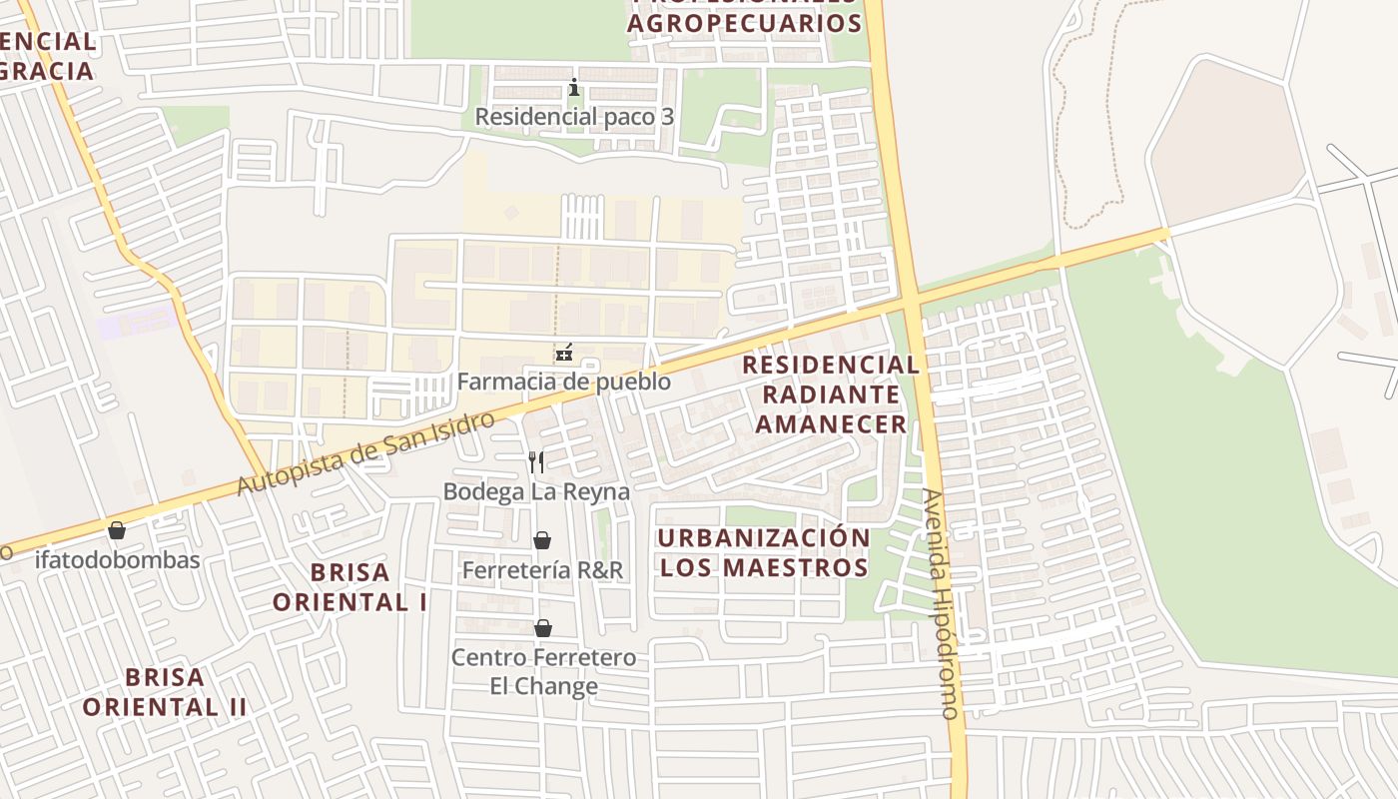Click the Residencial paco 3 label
pos(574,117)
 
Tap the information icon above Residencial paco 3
pos(574,88)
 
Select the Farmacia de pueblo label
pos(564,382)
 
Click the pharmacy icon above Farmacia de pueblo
pos(564,352)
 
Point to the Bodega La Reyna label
pos(536,491)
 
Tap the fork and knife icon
pos(536,461)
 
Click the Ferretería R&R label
pos(542,570)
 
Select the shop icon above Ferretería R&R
pos(542,540)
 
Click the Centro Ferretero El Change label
pos(543,671)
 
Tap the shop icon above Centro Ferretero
pos(543,628)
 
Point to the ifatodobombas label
pos(118,559)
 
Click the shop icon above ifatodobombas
pos(117,530)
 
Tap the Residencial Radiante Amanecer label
pos(831,394)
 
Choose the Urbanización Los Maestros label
pos(764,552)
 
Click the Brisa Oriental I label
pos(349,587)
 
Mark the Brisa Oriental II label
pos(165,692)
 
